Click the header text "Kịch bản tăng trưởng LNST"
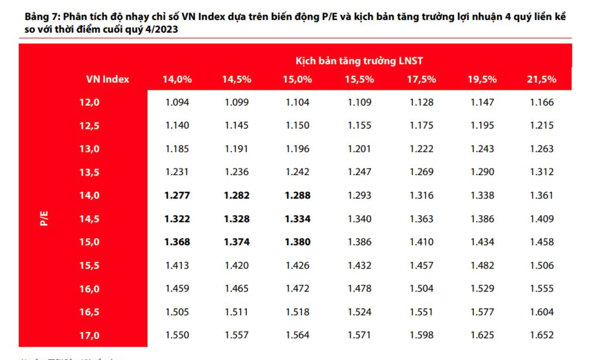[359, 61]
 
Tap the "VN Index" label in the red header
[107, 79]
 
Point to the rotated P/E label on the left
[44, 219]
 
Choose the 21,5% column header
[542, 80]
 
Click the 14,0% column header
[177, 80]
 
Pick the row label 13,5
[89, 172]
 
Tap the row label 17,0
[89, 335]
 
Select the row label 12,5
[89, 126]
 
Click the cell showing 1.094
[177, 103]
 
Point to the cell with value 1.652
[542, 335]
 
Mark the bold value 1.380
[298, 242]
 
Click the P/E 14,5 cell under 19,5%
[482, 219]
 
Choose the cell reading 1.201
[359, 149]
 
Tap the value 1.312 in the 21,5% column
[542, 172]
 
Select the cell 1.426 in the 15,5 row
[298, 265]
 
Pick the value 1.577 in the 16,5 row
[482, 312]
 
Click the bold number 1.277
[177, 195]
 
